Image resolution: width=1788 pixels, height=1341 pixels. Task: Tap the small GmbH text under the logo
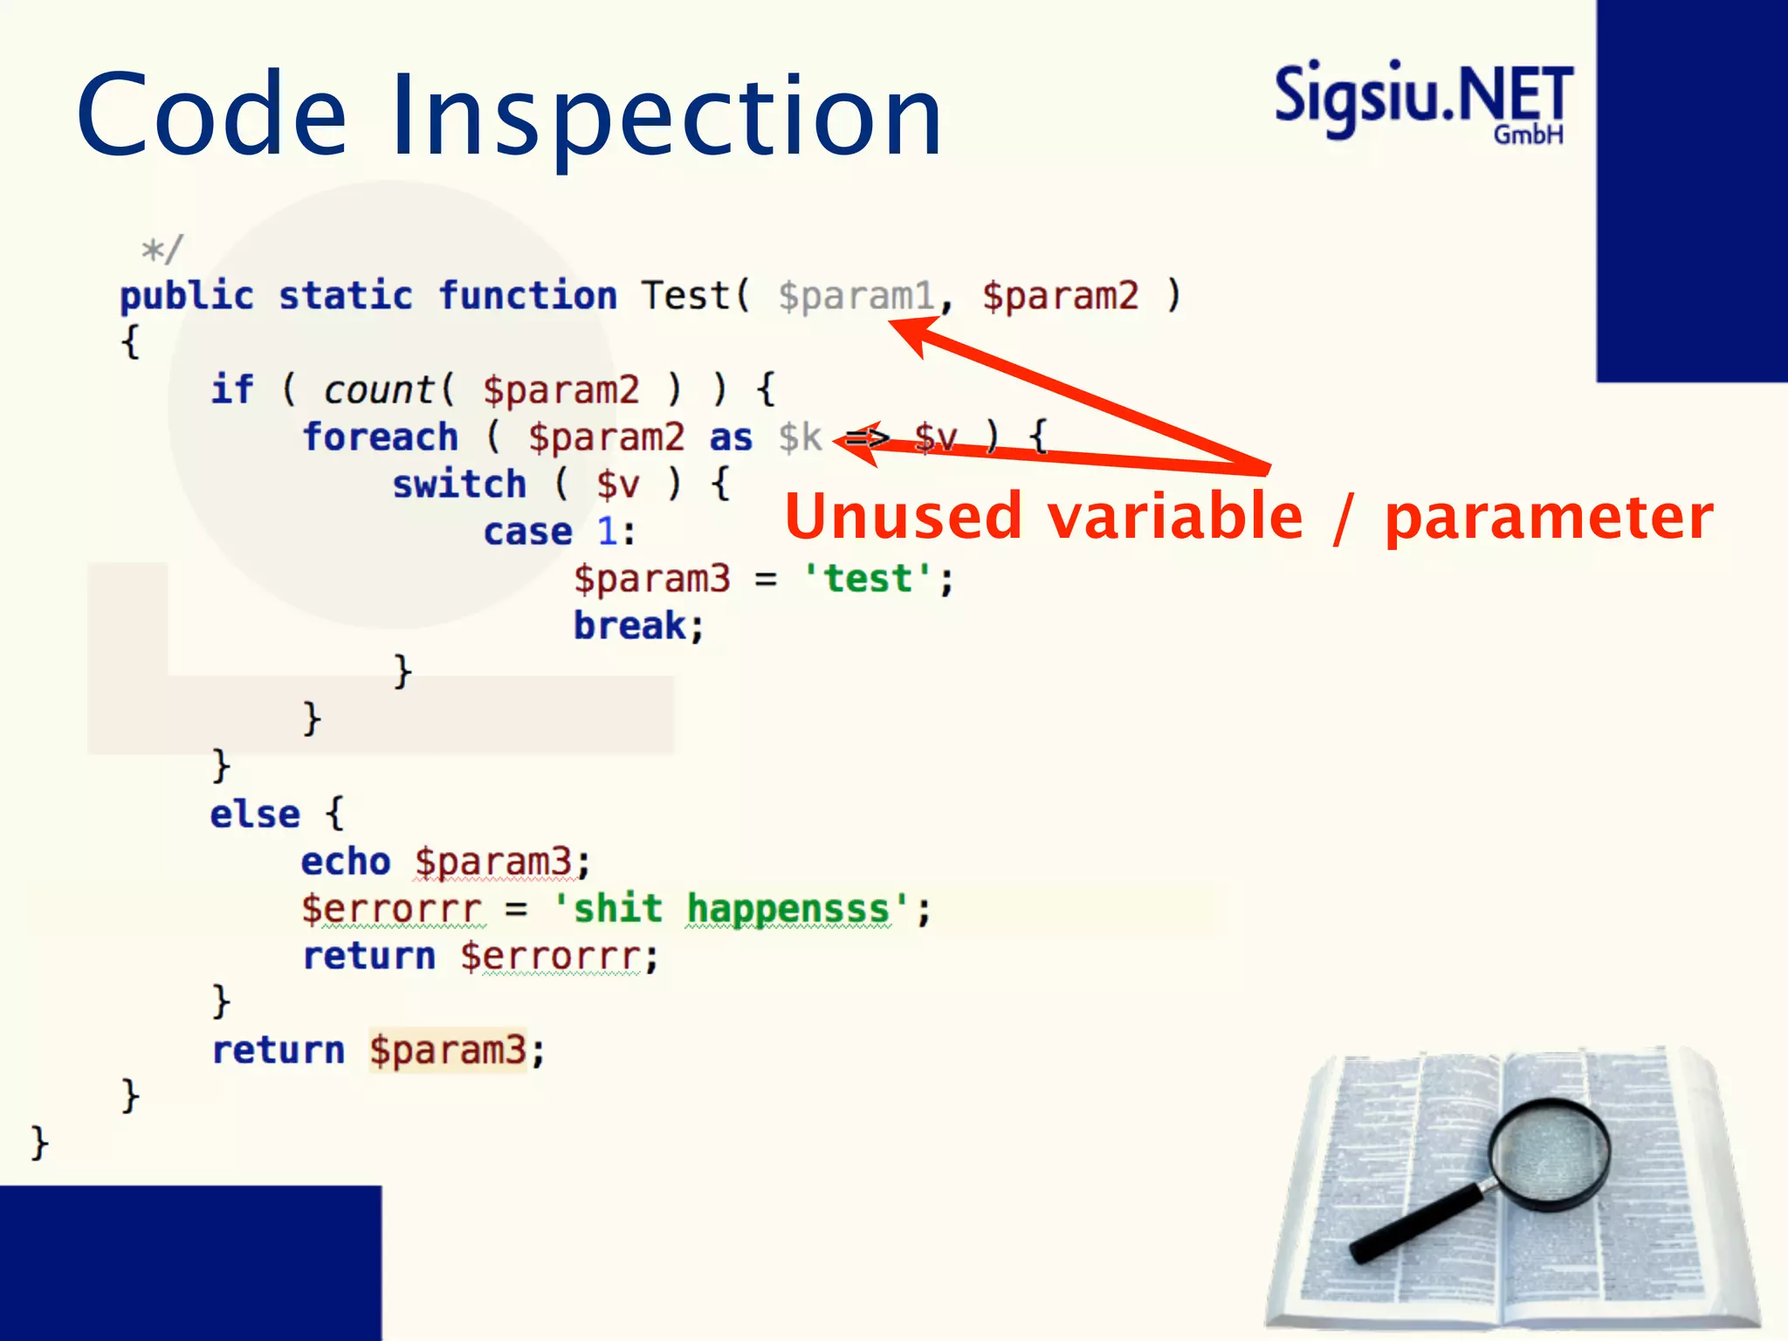click(x=1528, y=134)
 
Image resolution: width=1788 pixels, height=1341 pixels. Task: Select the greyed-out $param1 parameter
click(x=856, y=296)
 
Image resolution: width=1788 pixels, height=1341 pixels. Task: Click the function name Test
click(x=685, y=295)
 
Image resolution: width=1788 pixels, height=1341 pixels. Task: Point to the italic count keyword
click(x=378, y=389)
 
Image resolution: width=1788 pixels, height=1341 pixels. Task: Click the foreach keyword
click(x=381, y=437)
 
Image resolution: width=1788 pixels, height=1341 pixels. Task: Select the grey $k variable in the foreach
click(x=800, y=437)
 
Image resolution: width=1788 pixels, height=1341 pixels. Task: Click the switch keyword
click(x=459, y=484)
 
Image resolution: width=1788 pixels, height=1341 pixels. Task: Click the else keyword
click(x=255, y=814)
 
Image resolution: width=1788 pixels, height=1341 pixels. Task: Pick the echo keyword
click(x=346, y=861)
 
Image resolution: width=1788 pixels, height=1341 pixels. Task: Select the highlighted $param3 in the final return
click(x=447, y=1049)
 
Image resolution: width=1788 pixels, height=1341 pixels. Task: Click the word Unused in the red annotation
click(x=903, y=517)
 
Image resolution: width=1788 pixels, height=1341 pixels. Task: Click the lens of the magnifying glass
click(x=1550, y=1153)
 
